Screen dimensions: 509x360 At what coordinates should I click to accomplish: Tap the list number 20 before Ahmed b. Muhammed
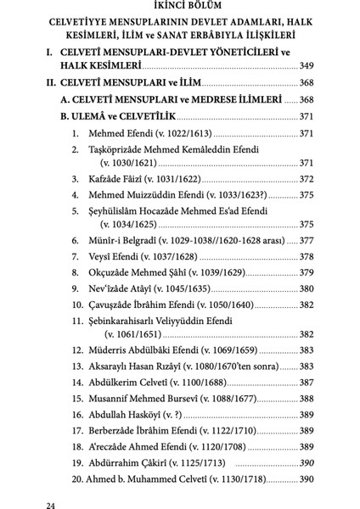coord(77,479)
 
